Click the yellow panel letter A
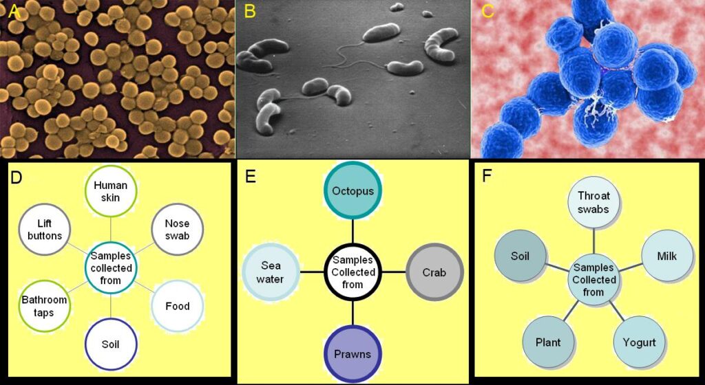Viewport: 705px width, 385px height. [12, 10]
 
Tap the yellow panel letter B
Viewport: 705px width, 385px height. [250, 11]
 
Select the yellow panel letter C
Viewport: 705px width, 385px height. [487, 11]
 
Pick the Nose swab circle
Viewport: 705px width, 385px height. [178, 230]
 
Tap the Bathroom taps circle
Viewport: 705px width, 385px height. [44, 305]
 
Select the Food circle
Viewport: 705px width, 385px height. [178, 306]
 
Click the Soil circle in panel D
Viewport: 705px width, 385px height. [111, 344]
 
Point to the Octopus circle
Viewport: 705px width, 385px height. [352, 190]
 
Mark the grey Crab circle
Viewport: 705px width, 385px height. [434, 272]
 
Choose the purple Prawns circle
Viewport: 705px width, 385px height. [352, 353]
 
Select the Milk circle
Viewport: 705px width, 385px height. [666, 256]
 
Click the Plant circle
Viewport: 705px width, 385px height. [548, 342]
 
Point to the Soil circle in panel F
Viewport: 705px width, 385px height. [520, 256]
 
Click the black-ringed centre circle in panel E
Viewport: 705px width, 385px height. [352, 272]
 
